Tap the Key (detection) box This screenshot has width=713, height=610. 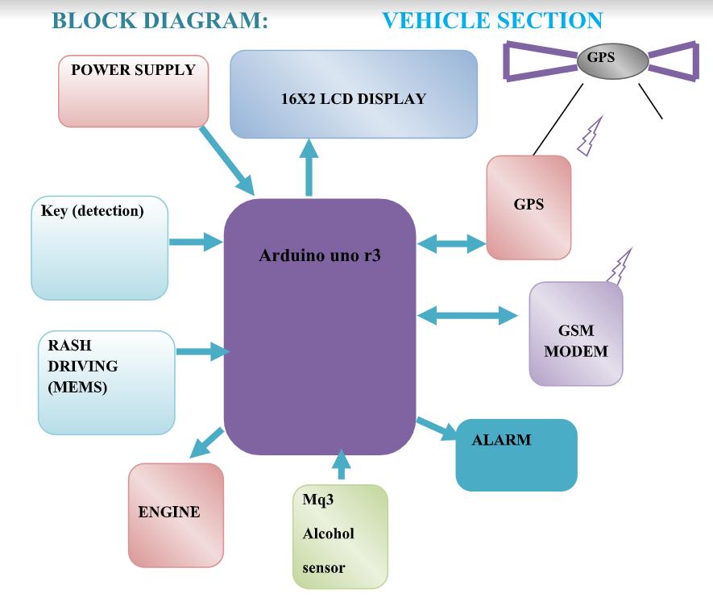click(x=99, y=247)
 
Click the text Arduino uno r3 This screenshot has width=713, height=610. click(x=320, y=256)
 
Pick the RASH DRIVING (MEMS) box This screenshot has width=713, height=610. click(x=106, y=382)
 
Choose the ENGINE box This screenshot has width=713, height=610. click(x=176, y=514)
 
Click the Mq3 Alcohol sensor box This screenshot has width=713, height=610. click(x=339, y=536)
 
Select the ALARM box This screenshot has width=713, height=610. click(x=516, y=454)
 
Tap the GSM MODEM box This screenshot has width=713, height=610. click(x=575, y=334)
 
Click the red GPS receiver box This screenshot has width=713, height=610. click(x=529, y=207)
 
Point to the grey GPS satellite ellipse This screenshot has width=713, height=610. click(x=612, y=60)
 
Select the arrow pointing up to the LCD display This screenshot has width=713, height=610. click(x=309, y=166)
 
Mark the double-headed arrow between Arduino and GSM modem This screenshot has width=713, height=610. click(x=467, y=315)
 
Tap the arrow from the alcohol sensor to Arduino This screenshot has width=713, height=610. click(x=342, y=464)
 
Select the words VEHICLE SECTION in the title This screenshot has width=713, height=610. click(x=492, y=21)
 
